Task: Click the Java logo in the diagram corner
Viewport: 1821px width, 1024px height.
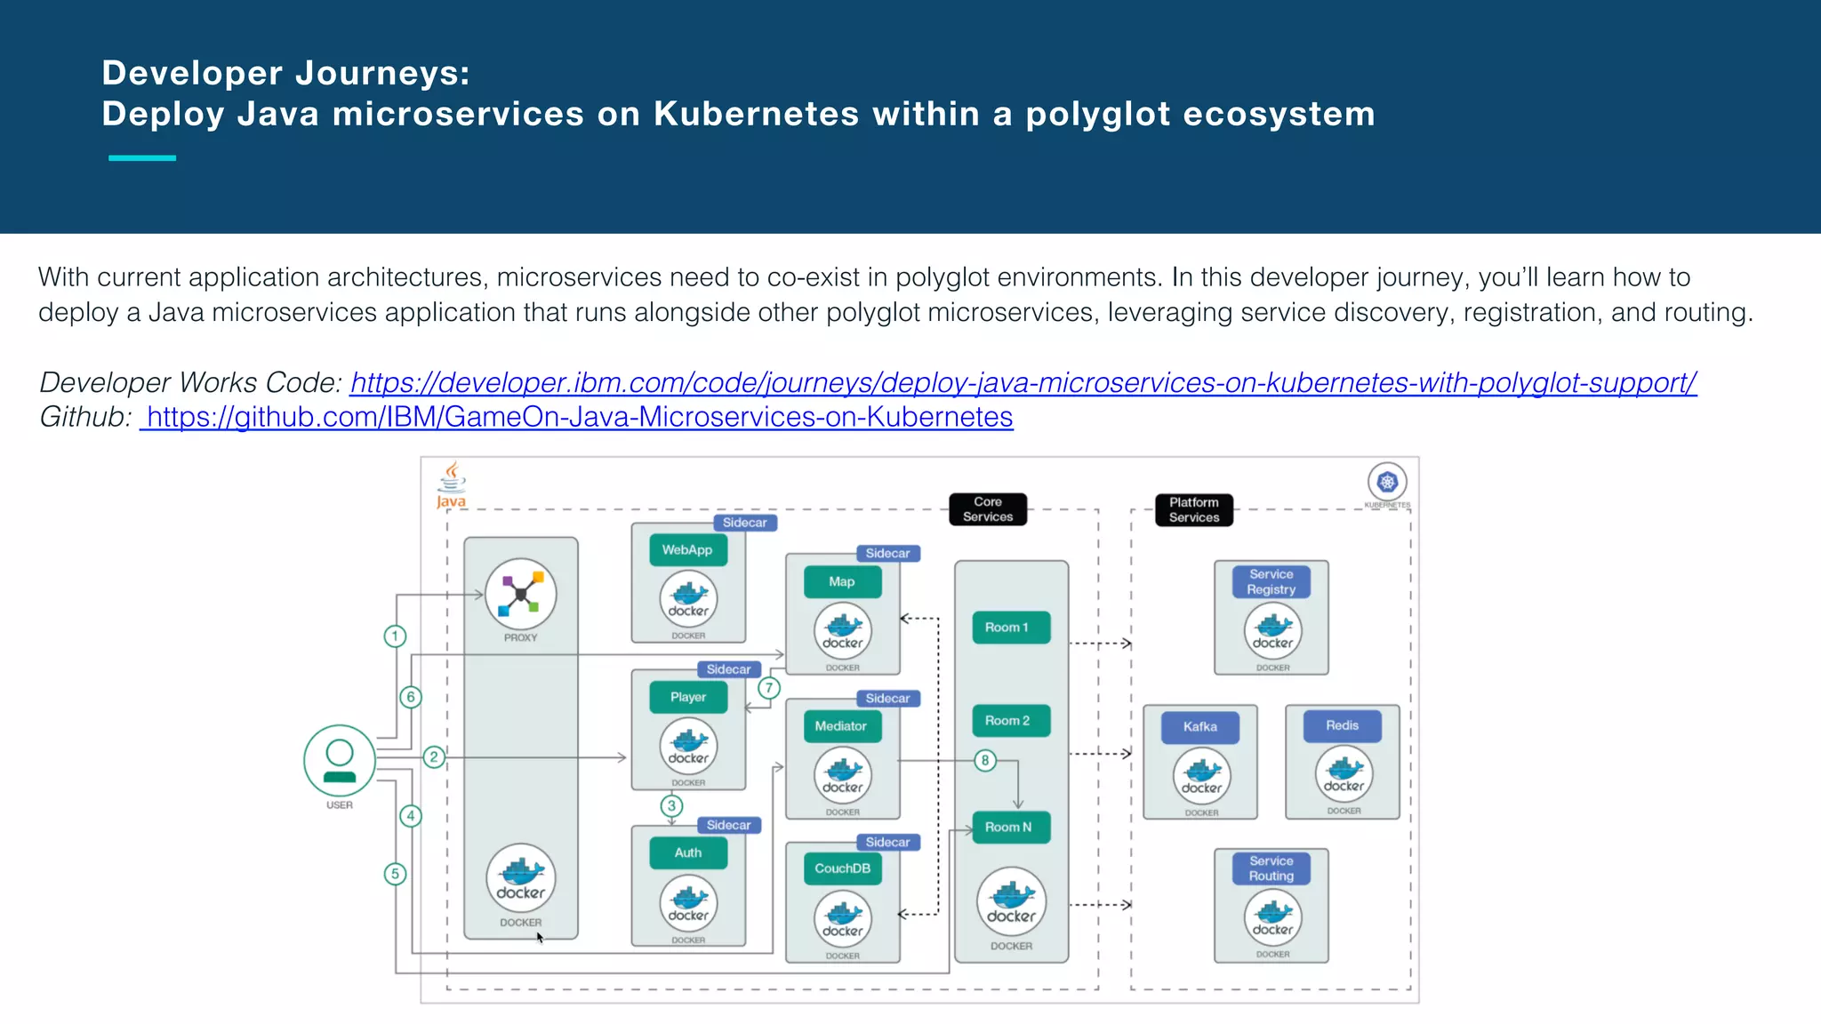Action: [x=452, y=484]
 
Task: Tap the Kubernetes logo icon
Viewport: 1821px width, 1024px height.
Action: [x=1387, y=483]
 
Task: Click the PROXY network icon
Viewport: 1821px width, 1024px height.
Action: [x=521, y=595]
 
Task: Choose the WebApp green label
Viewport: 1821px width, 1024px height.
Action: [x=687, y=550]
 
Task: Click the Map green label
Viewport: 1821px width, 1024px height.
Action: [x=842, y=582]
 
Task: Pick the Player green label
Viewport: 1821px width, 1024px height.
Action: [x=688, y=697]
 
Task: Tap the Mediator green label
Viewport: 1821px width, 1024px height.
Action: [x=841, y=726]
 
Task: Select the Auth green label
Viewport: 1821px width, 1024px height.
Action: [x=688, y=852]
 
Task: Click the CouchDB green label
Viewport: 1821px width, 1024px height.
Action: [x=842, y=868]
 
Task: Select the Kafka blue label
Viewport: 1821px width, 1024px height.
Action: [x=1200, y=727]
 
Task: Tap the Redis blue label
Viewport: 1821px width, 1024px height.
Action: [x=1342, y=725]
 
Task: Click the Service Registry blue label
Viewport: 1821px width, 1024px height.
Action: [x=1271, y=581]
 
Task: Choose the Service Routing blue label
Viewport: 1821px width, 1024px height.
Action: [x=1271, y=868]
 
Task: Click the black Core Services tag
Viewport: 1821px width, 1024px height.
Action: [x=988, y=509]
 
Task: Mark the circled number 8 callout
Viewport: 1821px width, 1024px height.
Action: [x=984, y=760]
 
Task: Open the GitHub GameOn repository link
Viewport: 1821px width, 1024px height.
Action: [x=578, y=417]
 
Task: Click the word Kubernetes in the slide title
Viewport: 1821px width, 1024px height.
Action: [x=756, y=114]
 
